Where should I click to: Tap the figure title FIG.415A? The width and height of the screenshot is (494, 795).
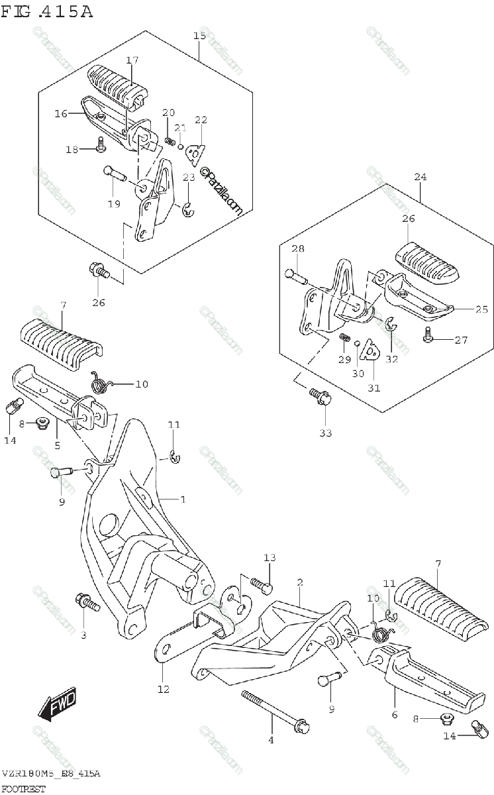(x=48, y=11)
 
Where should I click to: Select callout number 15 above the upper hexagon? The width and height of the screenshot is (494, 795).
(x=199, y=35)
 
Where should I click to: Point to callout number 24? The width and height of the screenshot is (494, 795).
(x=420, y=177)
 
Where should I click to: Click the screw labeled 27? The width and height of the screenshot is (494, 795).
(x=428, y=339)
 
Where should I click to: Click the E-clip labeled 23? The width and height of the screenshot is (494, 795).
(x=188, y=211)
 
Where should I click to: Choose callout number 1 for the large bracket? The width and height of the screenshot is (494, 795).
(x=183, y=498)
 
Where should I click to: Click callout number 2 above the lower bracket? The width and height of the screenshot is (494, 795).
(x=299, y=582)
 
